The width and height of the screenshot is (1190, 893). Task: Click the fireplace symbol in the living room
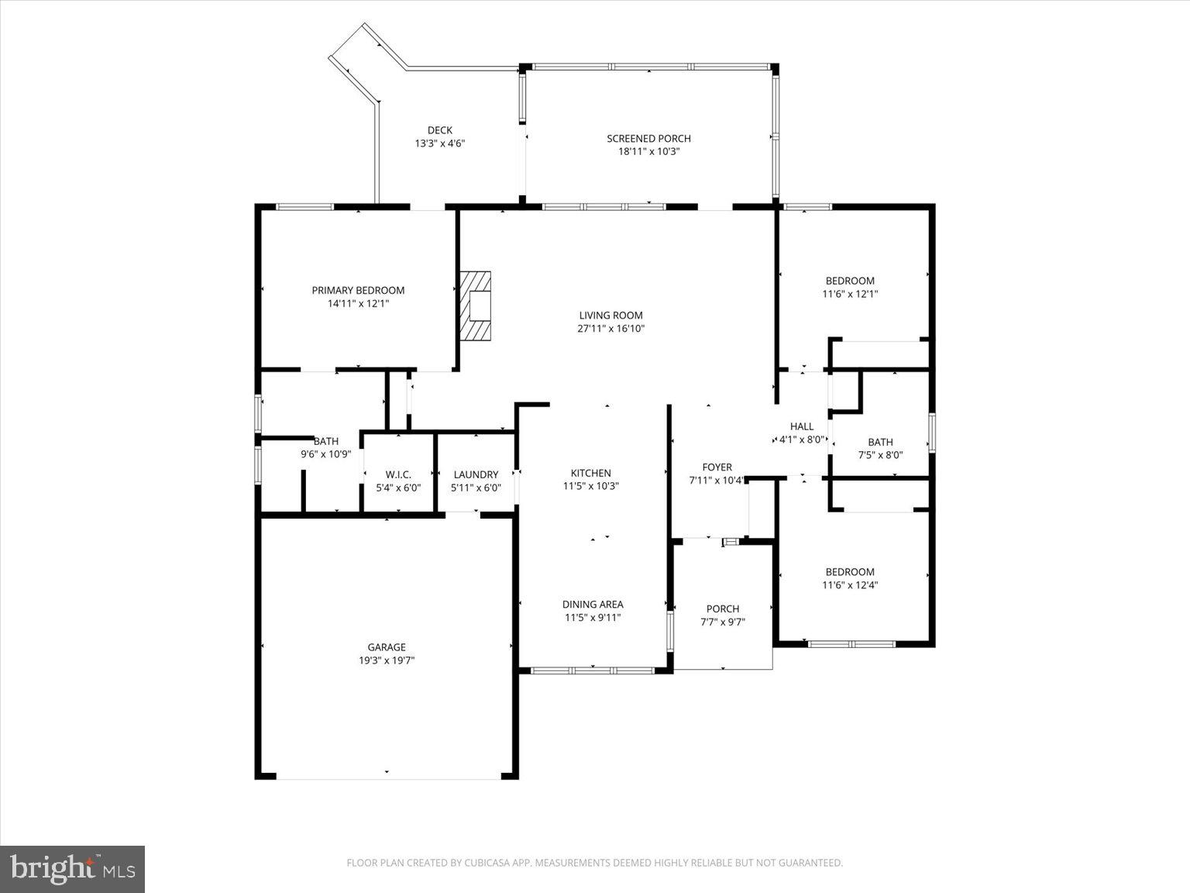pyautogui.click(x=476, y=305)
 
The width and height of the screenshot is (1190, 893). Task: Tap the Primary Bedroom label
pyautogui.click(x=358, y=290)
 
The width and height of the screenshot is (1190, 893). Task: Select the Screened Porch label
pyautogui.click(x=648, y=139)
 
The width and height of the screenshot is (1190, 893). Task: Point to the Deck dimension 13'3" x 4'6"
pyautogui.click(x=439, y=143)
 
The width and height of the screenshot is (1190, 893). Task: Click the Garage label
pyautogui.click(x=387, y=647)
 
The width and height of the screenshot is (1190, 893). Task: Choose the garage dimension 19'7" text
pyautogui.click(x=401, y=660)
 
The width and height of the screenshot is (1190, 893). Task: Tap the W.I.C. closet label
pyautogui.click(x=398, y=474)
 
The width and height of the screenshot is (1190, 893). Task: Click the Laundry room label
pyautogui.click(x=476, y=474)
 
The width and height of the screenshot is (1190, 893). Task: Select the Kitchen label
pyautogui.click(x=590, y=473)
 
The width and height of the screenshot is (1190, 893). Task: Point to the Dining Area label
pyautogui.click(x=593, y=605)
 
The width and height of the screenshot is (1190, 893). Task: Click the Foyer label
pyautogui.click(x=717, y=467)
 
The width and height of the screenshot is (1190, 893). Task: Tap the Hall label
pyautogui.click(x=802, y=426)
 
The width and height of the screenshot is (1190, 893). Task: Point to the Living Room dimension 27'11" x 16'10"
pyautogui.click(x=611, y=329)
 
